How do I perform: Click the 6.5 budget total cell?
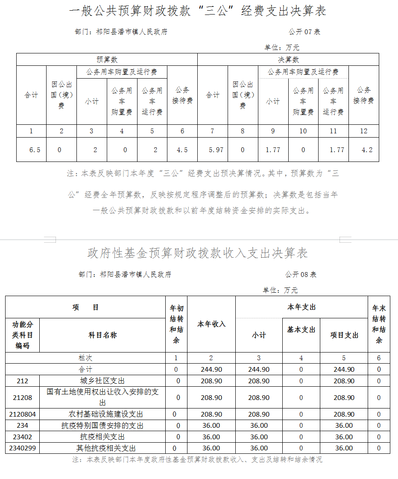point(35,150)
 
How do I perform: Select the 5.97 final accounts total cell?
point(216,150)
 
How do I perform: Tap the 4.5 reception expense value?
point(182,150)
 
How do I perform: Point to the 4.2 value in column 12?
point(367,150)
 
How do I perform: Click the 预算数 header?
point(107,59)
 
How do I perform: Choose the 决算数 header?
point(288,59)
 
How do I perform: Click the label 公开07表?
point(304,32)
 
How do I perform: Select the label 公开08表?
point(301,275)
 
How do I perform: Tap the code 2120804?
point(22,414)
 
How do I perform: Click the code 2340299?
point(22,448)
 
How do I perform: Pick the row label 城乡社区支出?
point(102,381)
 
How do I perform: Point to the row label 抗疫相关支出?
point(102,437)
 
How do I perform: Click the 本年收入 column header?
point(211,324)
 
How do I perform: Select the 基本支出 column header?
point(301,330)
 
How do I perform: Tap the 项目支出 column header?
point(344,335)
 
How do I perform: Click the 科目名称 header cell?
point(102,335)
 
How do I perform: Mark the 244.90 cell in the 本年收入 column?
point(211,369)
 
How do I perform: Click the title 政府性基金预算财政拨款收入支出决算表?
point(197,253)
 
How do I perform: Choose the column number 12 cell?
point(363,131)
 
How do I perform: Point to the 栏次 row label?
point(85,358)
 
